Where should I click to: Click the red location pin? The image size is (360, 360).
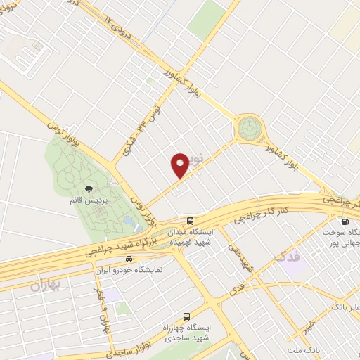pyautogui.click(x=180, y=165)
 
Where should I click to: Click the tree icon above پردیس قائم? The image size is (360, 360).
pyautogui.click(x=89, y=189)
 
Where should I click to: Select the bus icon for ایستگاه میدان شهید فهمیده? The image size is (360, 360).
pyautogui.click(x=190, y=220)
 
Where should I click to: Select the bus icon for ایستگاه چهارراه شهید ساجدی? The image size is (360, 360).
pyautogui.click(x=186, y=316)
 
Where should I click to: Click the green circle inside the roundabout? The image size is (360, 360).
pyautogui.click(x=248, y=129)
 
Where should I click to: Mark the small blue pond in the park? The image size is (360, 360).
pyautogui.click(x=129, y=220)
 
